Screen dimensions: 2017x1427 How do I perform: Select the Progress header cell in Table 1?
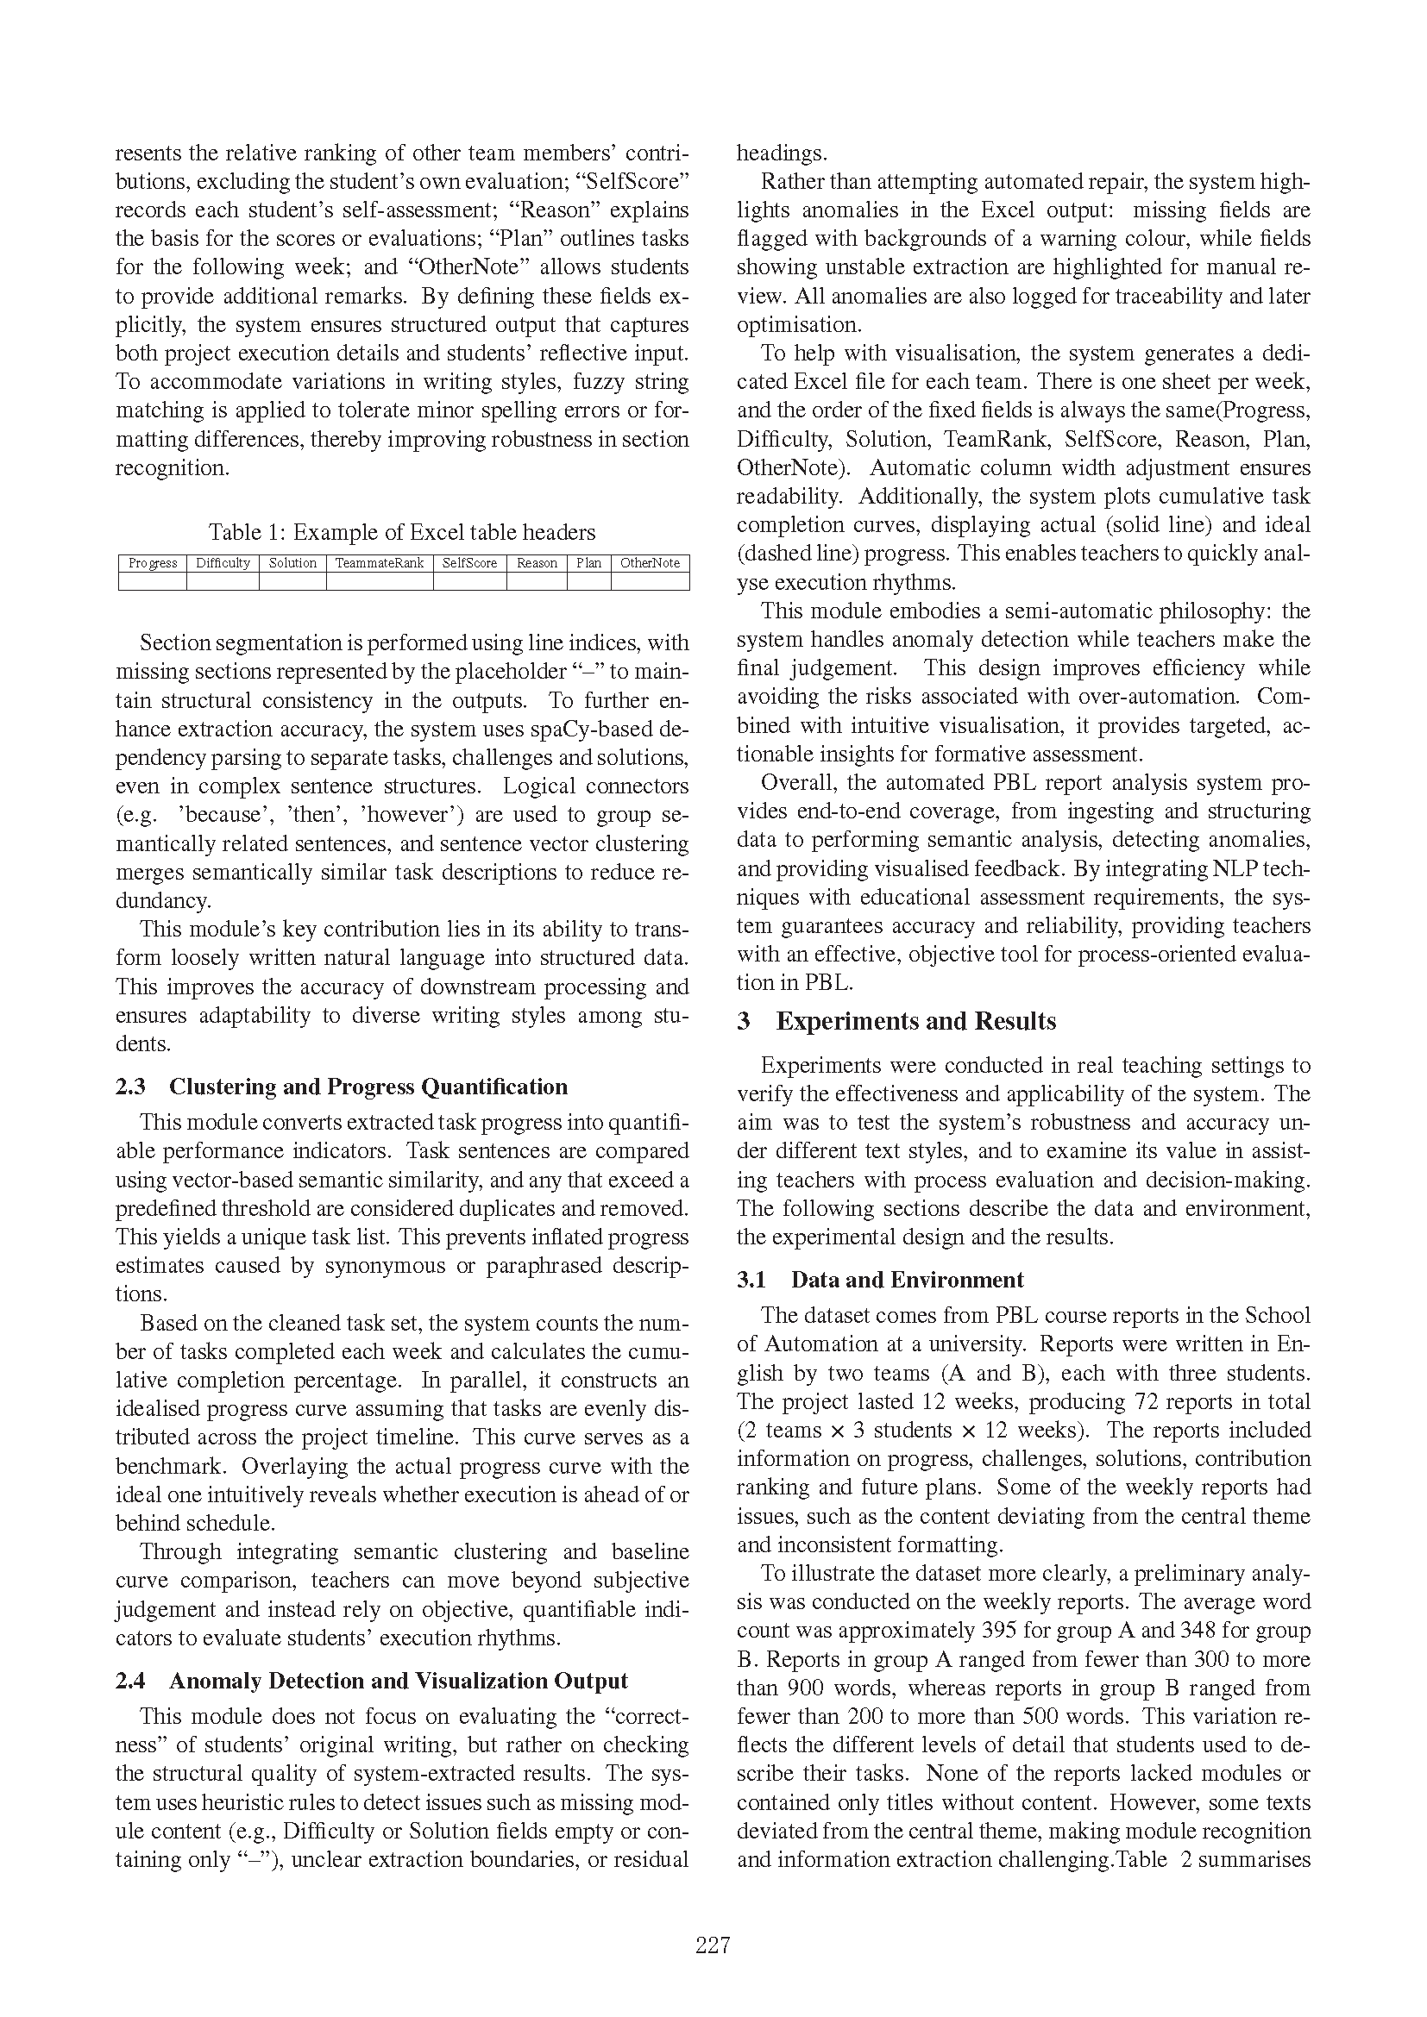pos(153,563)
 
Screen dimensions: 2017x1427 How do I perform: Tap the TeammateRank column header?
pos(380,563)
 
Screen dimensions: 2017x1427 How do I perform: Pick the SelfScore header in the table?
pos(469,563)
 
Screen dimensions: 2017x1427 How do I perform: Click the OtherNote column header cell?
pos(650,563)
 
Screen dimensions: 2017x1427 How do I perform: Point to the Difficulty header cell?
pos(223,563)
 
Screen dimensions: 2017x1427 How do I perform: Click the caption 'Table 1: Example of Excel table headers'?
pos(401,532)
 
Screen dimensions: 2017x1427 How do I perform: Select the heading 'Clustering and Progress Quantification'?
pos(368,1087)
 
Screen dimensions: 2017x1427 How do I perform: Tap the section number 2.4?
pos(130,1682)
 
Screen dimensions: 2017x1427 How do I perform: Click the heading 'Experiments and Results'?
pos(915,1022)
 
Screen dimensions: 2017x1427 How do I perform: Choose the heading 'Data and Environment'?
pos(907,1280)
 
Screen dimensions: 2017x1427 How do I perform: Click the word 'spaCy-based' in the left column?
pos(594,730)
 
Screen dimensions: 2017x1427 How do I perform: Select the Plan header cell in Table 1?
pos(588,563)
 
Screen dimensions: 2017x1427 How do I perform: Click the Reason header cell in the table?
pos(537,563)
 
